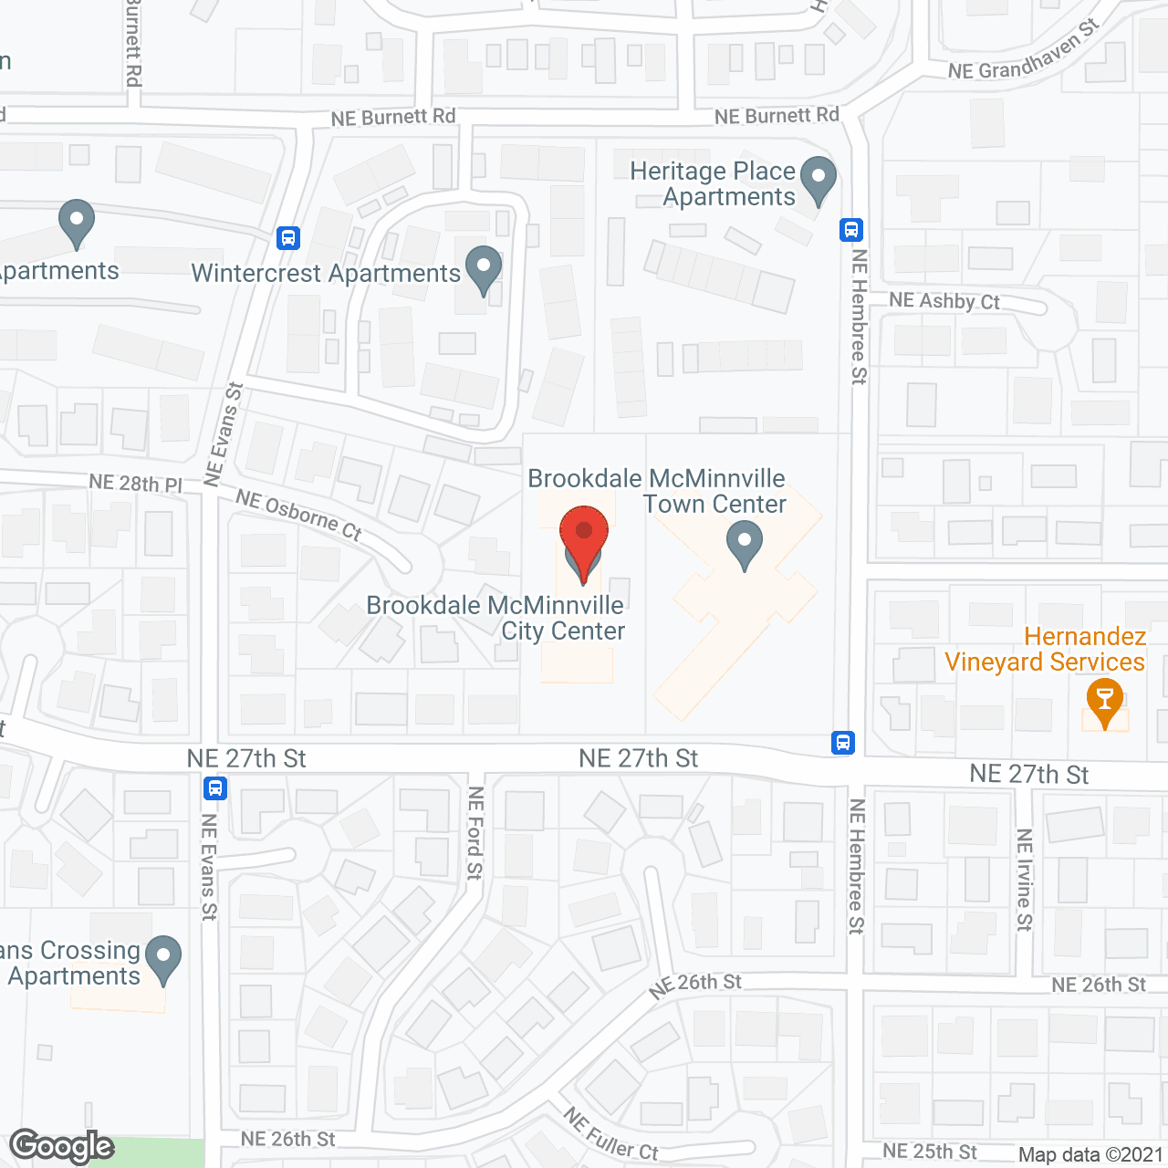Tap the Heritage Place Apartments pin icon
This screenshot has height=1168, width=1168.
(x=819, y=179)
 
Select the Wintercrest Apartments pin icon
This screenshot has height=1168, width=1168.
(x=484, y=269)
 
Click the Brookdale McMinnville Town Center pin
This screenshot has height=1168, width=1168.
(x=745, y=543)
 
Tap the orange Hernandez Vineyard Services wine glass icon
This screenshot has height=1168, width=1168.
(x=1105, y=702)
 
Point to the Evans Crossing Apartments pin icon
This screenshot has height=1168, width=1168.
(x=163, y=958)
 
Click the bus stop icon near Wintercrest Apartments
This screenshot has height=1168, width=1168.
(x=288, y=238)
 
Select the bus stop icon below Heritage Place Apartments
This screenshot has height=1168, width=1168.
(x=851, y=230)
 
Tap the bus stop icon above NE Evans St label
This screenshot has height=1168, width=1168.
(x=215, y=787)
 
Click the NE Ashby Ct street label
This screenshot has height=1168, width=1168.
(x=944, y=301)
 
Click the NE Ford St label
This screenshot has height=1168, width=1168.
(x=474, y=833)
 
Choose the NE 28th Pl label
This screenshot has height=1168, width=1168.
(x=136, y=483)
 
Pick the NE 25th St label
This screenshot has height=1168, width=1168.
(x=929, y=1152)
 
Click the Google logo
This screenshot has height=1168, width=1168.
(x=62, y=1146)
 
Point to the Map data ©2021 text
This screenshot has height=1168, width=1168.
(x=1090, y=1154)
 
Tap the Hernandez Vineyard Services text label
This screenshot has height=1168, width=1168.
(x=1045, y=649)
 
